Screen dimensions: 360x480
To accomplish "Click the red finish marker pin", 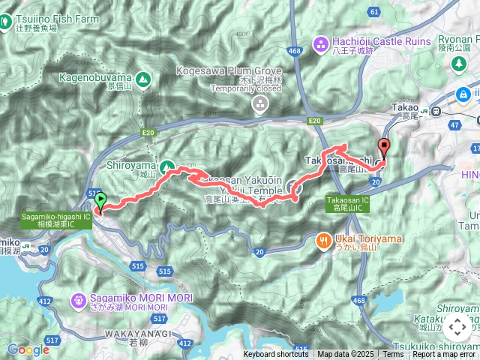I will [x=385, y=147].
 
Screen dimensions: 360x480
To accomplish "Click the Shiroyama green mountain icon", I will [x=166, y=165].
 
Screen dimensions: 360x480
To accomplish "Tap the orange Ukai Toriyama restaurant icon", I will [x=323, y=240].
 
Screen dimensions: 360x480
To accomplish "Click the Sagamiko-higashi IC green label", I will [x=55, y=220].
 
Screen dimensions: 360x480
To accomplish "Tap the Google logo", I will [x=28, y=349].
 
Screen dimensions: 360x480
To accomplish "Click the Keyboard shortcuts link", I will [x=275, y=355].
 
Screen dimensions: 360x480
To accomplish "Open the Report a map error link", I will [x=445, y=355].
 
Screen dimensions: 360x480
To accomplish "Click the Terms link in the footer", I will [x=393, y=355].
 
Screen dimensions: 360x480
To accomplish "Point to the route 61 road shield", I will [x=374, y=13].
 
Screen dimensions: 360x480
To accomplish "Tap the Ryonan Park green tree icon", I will [x=457, y=64].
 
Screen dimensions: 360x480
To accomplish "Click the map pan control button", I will [x=457, y=327].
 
